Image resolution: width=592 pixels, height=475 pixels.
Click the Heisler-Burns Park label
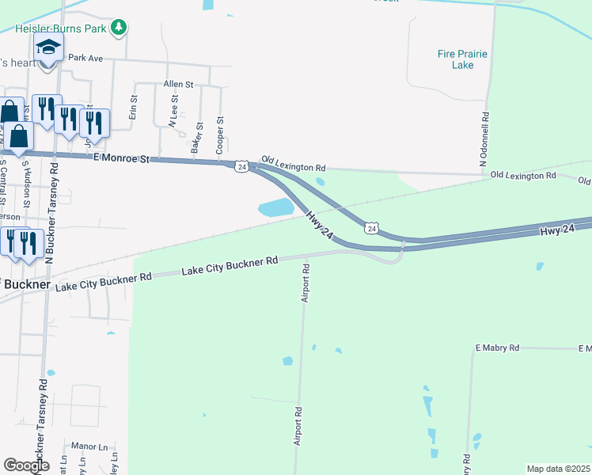point(60,29)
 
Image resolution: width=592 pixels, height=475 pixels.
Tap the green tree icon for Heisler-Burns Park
point(119,28)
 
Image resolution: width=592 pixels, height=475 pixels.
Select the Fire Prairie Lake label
point(462,59)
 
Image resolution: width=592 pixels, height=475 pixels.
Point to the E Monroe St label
point(121,159)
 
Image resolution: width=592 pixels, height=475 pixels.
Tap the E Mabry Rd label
point(497,348)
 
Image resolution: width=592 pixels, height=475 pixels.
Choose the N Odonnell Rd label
point(484,139)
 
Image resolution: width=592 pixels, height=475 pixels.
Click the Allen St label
point(178,84)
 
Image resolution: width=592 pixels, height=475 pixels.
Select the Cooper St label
point(220,135)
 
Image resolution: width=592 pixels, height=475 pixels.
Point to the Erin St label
point(134,108)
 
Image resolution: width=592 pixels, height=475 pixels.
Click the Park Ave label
point(85,58)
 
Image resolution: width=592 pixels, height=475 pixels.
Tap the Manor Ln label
point(89,446)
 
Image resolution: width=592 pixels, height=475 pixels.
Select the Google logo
point(26,465)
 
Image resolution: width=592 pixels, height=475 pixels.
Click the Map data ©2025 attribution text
point(558,469)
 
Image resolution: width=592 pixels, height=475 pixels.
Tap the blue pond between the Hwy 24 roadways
point(276,208)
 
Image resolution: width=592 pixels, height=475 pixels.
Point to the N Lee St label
point(173,112)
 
